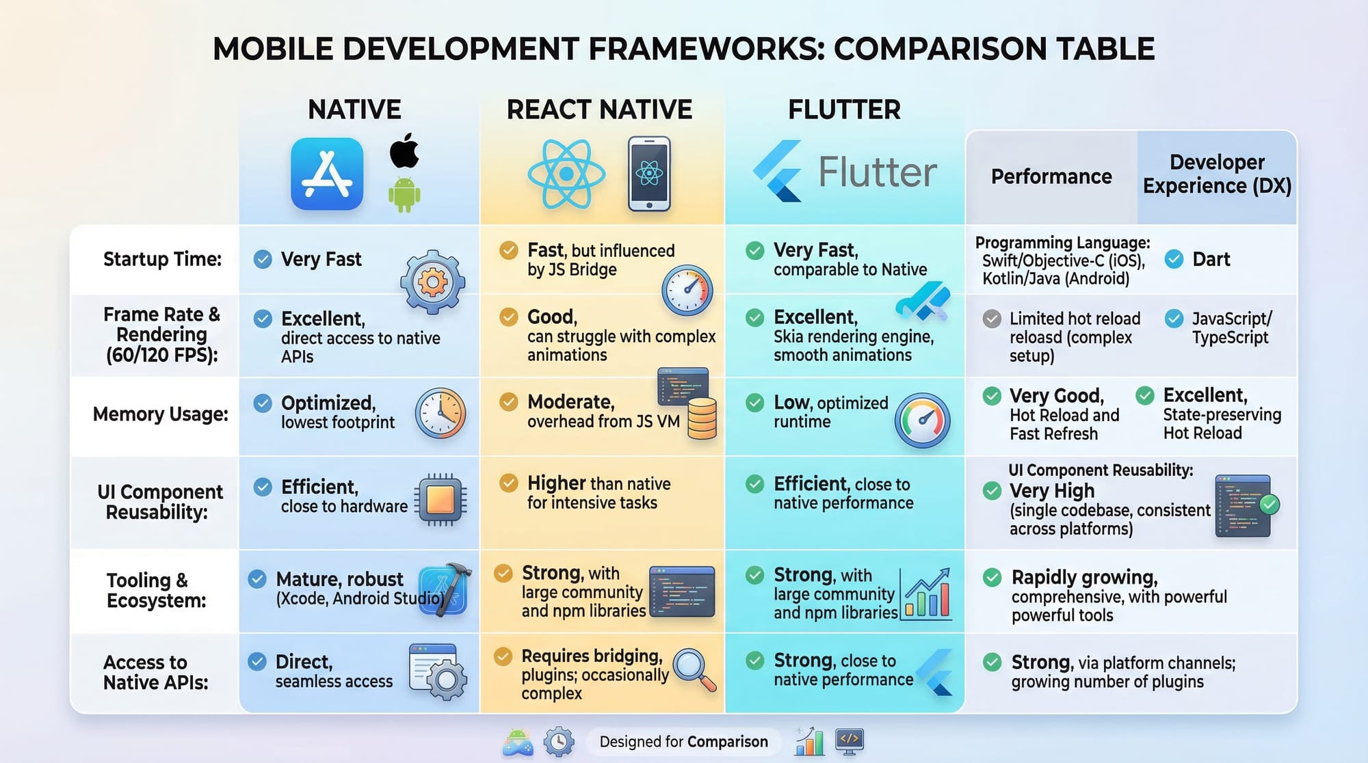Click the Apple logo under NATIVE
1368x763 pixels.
(x=404, y=150)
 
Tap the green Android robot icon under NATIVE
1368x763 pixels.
(x=404, y=194)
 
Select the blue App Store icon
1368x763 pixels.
(x=327, y=174)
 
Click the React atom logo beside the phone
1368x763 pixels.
(x=566, y=174)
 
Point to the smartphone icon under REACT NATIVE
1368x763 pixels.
(x=649, y=174)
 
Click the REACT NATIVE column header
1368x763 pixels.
(x=599, y=109)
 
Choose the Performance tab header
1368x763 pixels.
(x=1051, y=176)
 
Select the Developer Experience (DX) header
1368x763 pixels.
(x=1217, y=174)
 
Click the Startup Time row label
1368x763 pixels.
(x=163, y=259)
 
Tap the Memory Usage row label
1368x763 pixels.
(x=161, y=414)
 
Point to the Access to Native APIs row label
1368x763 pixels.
(x=156, y=672)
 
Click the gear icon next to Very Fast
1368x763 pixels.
(x=433, y=282)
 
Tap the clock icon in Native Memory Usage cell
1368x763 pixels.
(x=440, y=414)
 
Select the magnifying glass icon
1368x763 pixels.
(x=694, y=669)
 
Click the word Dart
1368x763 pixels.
(x=1211, y=259)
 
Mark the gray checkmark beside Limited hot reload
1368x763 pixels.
(x=992, y=319)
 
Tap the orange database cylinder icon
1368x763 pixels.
(x=702, y=418)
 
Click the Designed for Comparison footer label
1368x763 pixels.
(x=683, y=742)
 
